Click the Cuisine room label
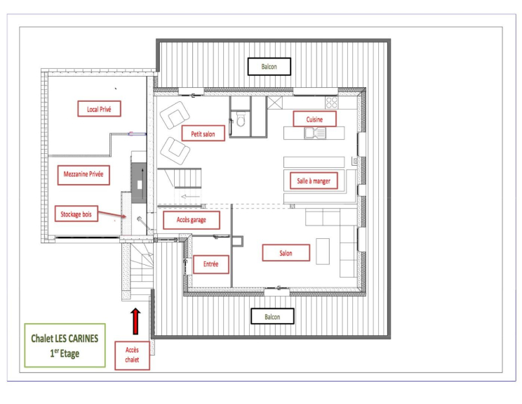(314, 119)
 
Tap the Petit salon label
(203, 133)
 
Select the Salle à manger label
(314, 181)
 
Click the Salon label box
(286, 253)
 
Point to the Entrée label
(210, 264)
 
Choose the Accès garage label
(192, 220)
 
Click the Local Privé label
(99, 109)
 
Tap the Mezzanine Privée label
(83, 174)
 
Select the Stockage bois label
(76, 214)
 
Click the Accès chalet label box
(132, 355)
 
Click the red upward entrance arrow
(135, 321)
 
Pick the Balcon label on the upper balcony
(269, 66)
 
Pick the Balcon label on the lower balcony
(272, 316)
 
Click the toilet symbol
(241, 119)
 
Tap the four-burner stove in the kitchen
(332, 103)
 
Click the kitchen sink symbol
(315, 133)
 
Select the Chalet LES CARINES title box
(65, 346)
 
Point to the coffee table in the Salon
(323, 251)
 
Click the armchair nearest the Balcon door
(175, 115)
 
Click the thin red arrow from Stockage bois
(112, 214)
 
